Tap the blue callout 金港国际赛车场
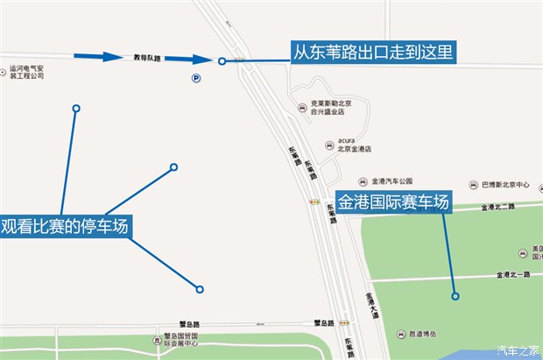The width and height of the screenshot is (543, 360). coord(393,202)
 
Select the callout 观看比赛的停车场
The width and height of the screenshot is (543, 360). coord(66,227)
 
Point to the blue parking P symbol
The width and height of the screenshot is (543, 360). coord(195,78)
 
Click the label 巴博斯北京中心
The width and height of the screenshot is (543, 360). coord(506,186)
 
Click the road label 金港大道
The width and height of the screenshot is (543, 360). coord(371,303)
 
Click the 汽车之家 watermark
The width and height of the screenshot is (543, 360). coord(518,350)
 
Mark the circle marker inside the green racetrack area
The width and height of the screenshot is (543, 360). coord(455,296)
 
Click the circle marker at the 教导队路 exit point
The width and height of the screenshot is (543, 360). coord(222,60)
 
